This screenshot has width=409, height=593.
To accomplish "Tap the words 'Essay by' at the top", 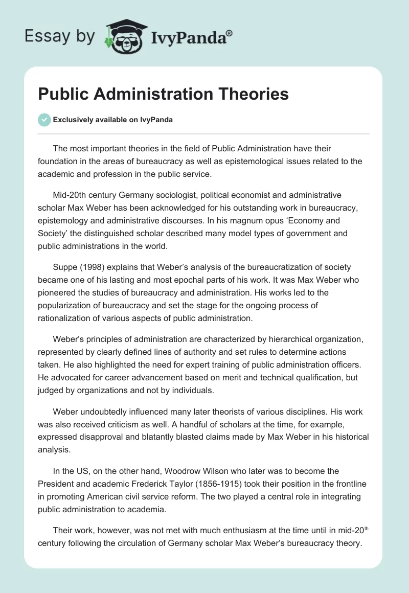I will click(60, 36).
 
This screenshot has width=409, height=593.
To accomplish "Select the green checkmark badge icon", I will click(44, 120).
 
